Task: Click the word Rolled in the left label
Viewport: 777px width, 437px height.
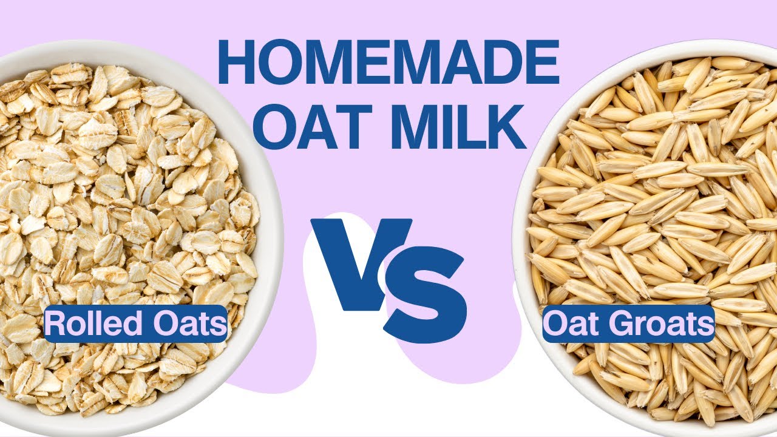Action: [84, 324]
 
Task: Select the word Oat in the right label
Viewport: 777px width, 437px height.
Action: [571, 324]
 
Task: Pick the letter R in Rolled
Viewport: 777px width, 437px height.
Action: [53, 324]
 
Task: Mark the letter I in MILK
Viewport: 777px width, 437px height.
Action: [453, 126]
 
